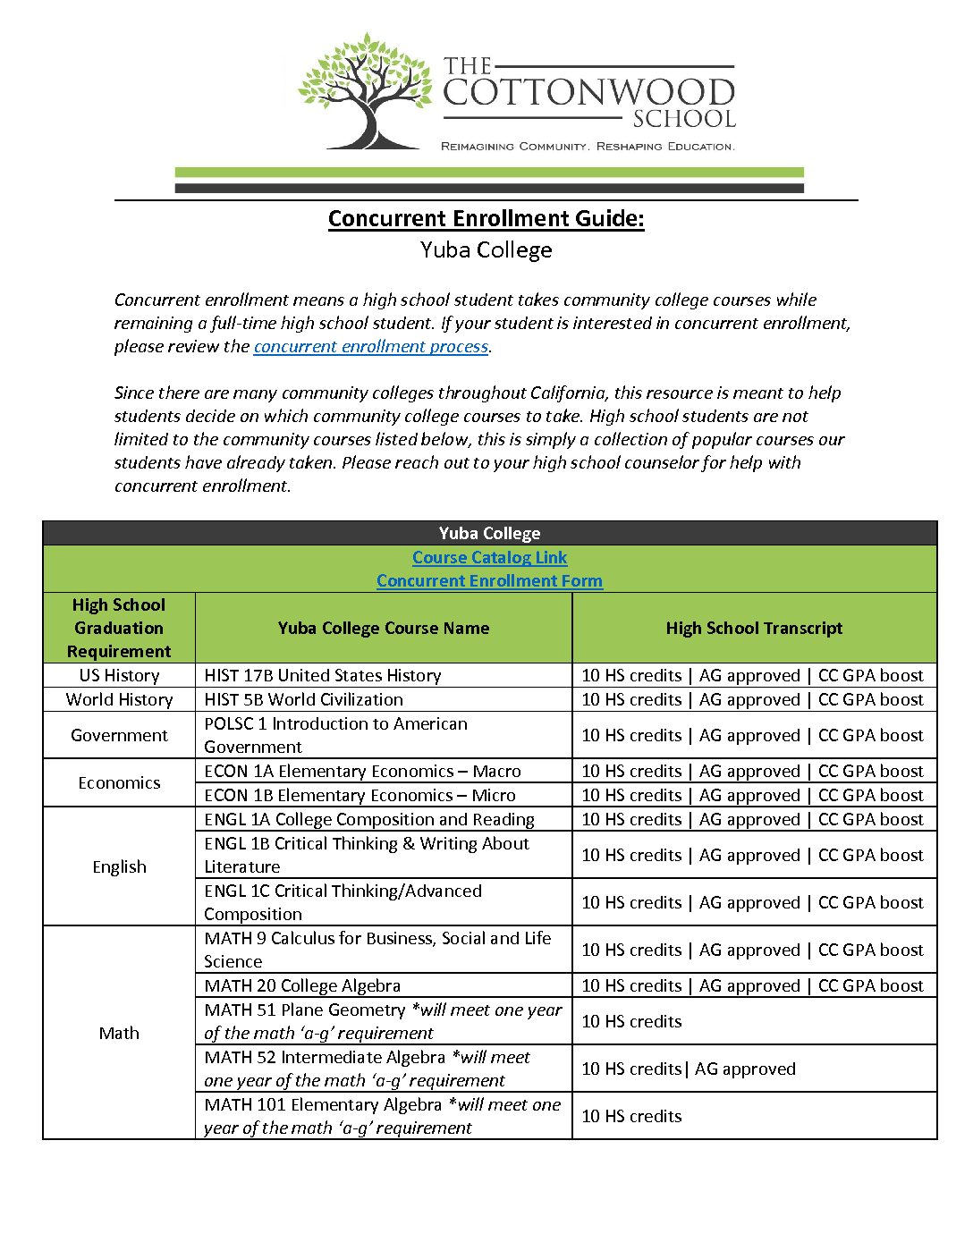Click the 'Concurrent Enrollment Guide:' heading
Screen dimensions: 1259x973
[486, 219]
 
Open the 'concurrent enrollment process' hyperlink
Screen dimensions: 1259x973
[370, 347]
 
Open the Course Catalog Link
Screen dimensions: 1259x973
[489, 558]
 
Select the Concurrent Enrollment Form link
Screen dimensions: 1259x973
[489, 581]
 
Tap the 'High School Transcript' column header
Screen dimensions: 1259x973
[754, 629]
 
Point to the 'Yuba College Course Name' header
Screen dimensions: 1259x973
[383, 629]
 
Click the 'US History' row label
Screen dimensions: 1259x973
[119, 676]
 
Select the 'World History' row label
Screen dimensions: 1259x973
[119, 700]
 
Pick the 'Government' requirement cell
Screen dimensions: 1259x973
[119, 736]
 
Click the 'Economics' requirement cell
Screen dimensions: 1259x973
[119, 783]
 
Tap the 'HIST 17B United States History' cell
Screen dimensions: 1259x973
[323, 676]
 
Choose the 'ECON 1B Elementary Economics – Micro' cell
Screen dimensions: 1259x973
[360, 796]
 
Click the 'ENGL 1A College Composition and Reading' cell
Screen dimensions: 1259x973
[368, 820]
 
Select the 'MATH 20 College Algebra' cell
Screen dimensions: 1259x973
[302, 986]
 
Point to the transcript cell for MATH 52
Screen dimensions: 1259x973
[688, 1069]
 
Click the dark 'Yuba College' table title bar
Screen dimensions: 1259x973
[489, 534]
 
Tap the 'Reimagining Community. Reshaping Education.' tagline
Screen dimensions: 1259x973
[588, 147]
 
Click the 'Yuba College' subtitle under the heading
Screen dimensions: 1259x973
[486, 250]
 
